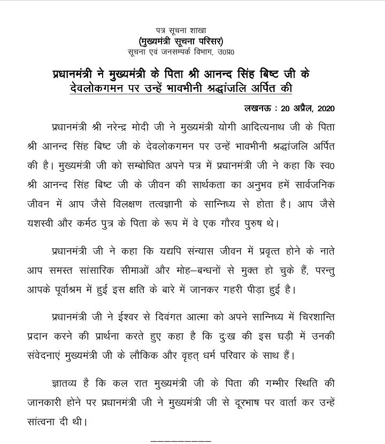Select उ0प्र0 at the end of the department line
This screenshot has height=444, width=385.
[x=232, y=52]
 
